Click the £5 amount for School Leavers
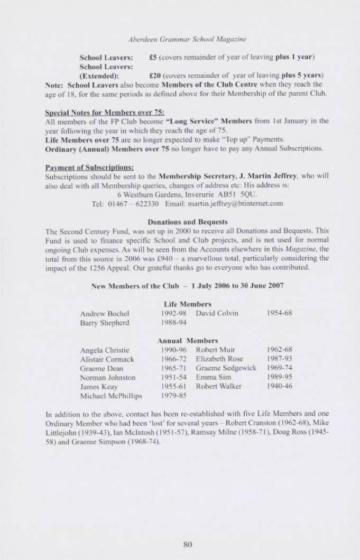tap(155, 55)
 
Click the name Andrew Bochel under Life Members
tap(102, 313)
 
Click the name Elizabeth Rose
tap(216, 359)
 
